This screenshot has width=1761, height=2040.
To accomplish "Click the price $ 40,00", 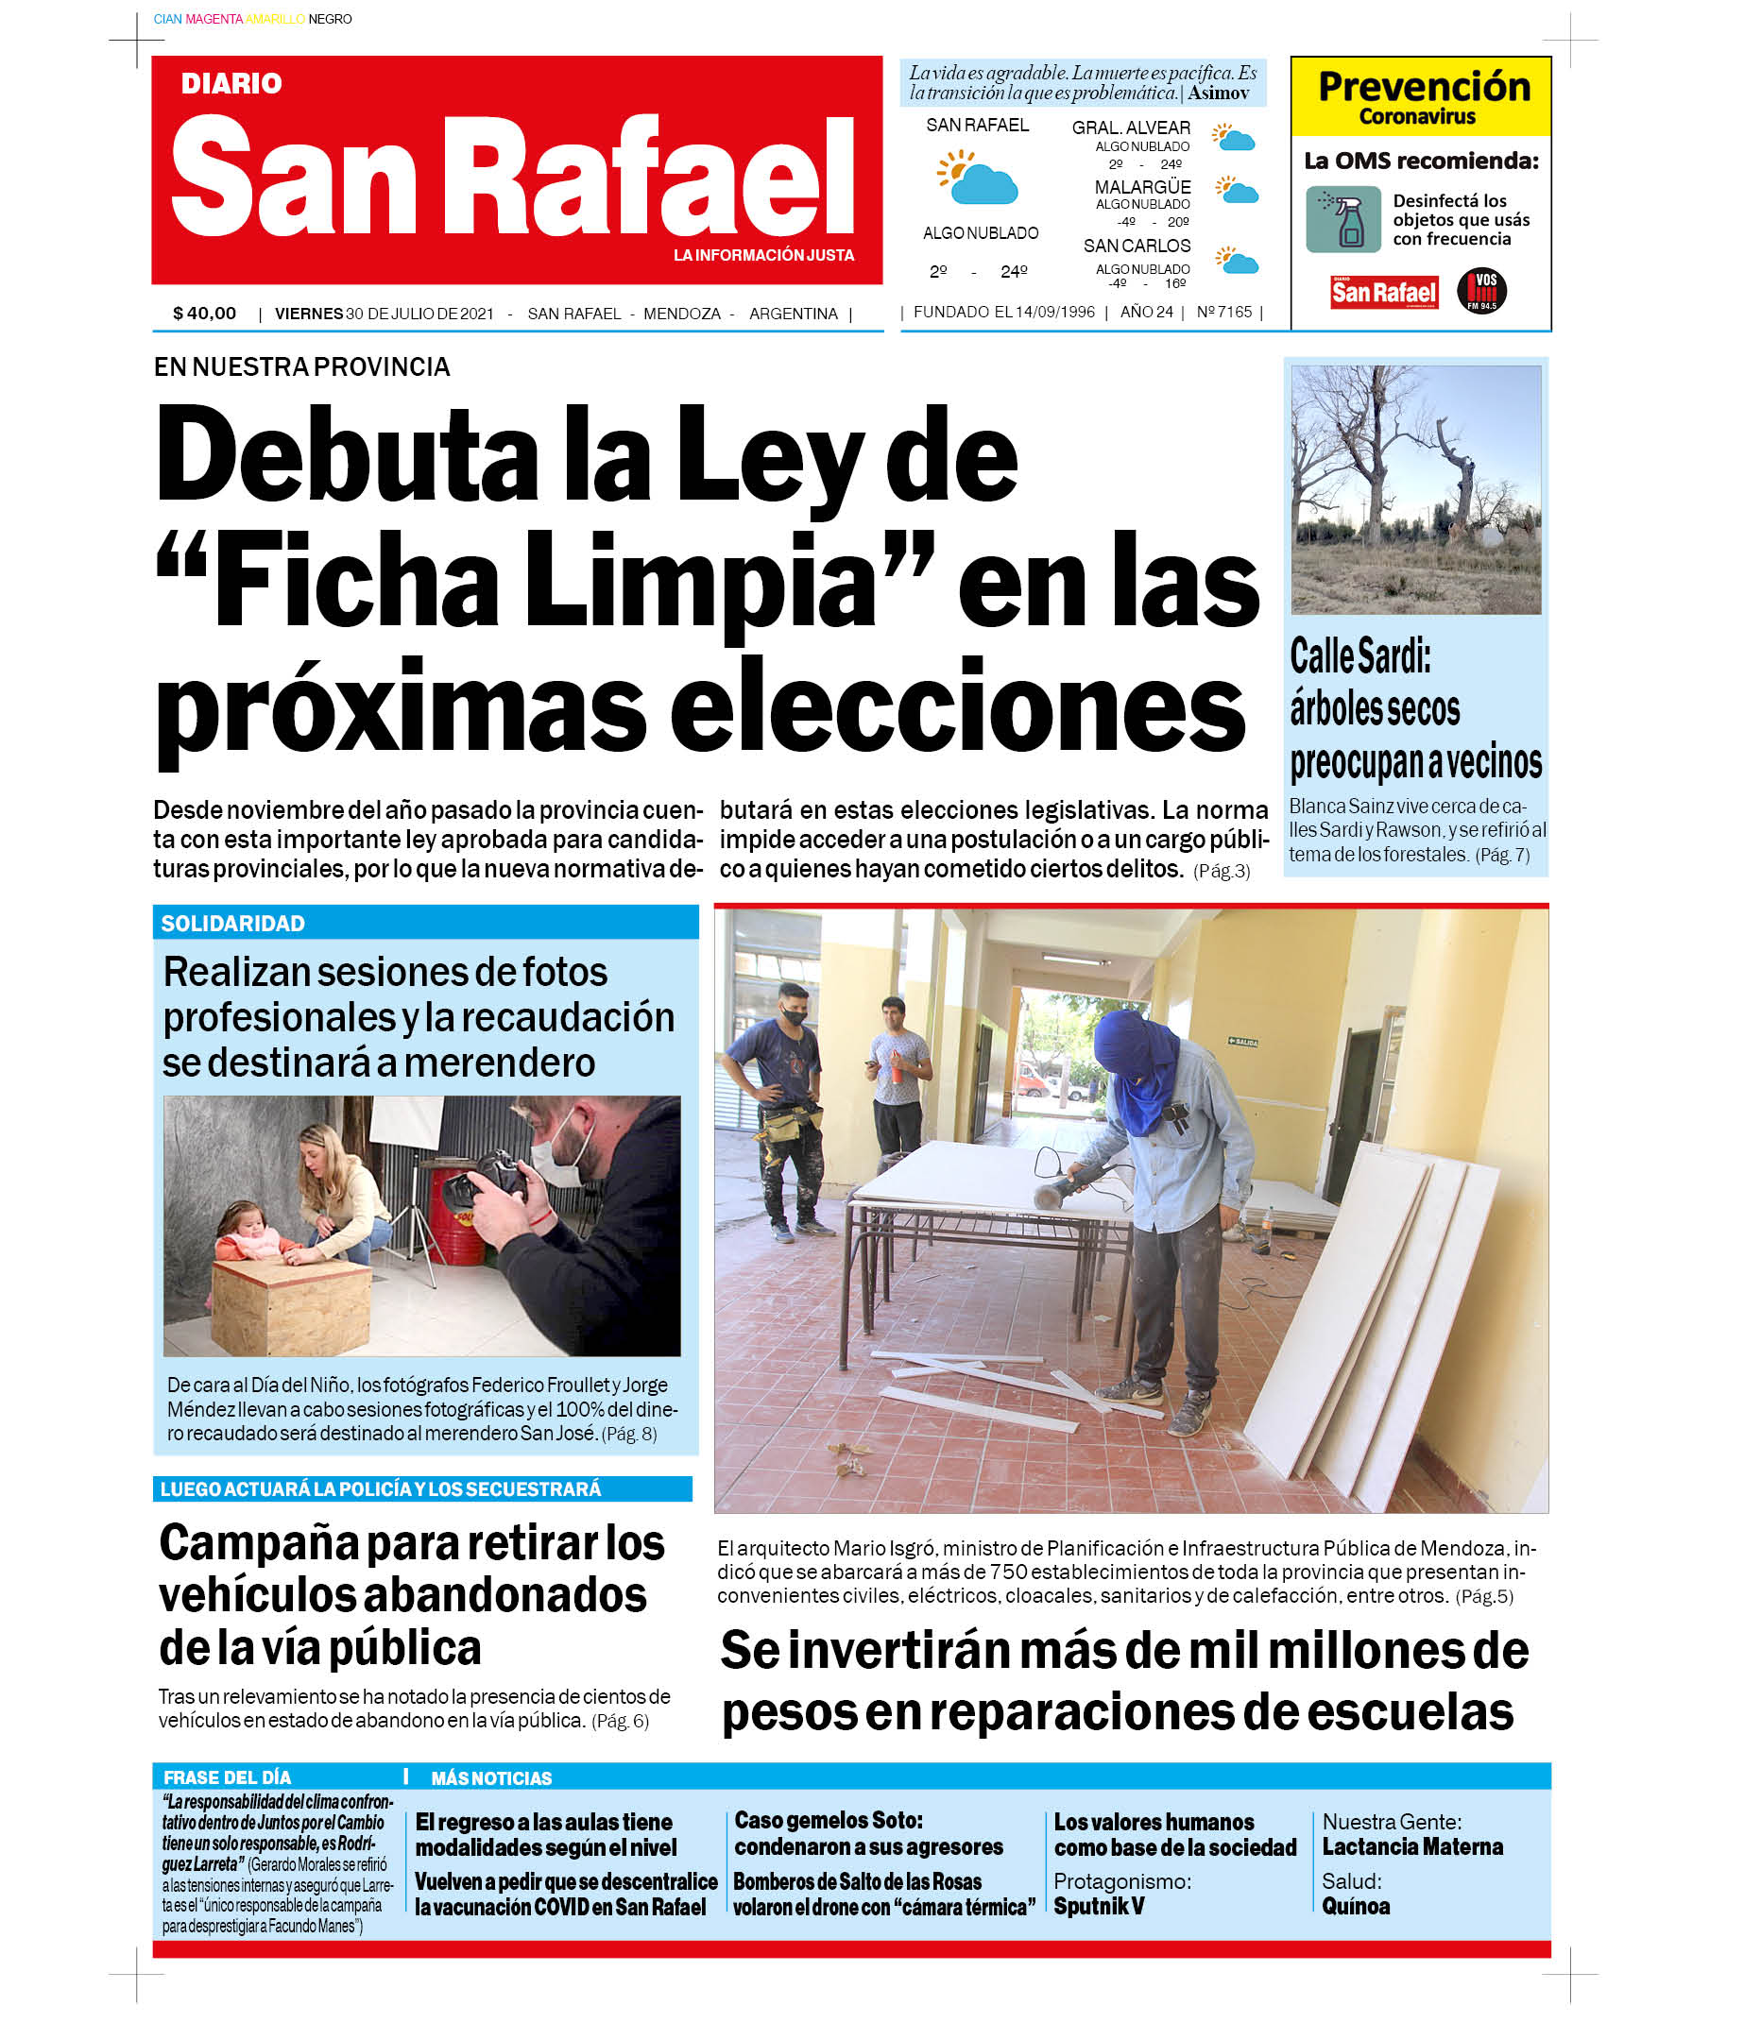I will [205, 314].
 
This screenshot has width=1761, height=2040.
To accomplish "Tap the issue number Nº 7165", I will [1224, 312].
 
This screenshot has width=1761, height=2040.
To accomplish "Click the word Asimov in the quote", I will [1219, 93].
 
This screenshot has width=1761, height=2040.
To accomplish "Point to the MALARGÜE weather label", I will [1142, 187].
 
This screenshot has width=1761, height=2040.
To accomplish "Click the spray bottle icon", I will [1344, 219].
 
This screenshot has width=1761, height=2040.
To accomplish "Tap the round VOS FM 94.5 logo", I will [1481, 291].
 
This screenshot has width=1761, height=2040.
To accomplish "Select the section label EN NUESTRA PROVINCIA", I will [301, 367].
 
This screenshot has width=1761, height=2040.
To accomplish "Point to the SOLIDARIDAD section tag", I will [233, 924].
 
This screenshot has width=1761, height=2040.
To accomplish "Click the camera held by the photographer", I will [489, 1183].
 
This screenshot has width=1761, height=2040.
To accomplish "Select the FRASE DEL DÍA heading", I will [228, 1778].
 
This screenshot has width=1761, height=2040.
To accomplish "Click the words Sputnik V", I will [1099, 1906].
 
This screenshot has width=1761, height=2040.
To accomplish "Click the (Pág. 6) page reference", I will [621, 1721].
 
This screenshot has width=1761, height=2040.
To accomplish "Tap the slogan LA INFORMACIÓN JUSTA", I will [763, 255].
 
